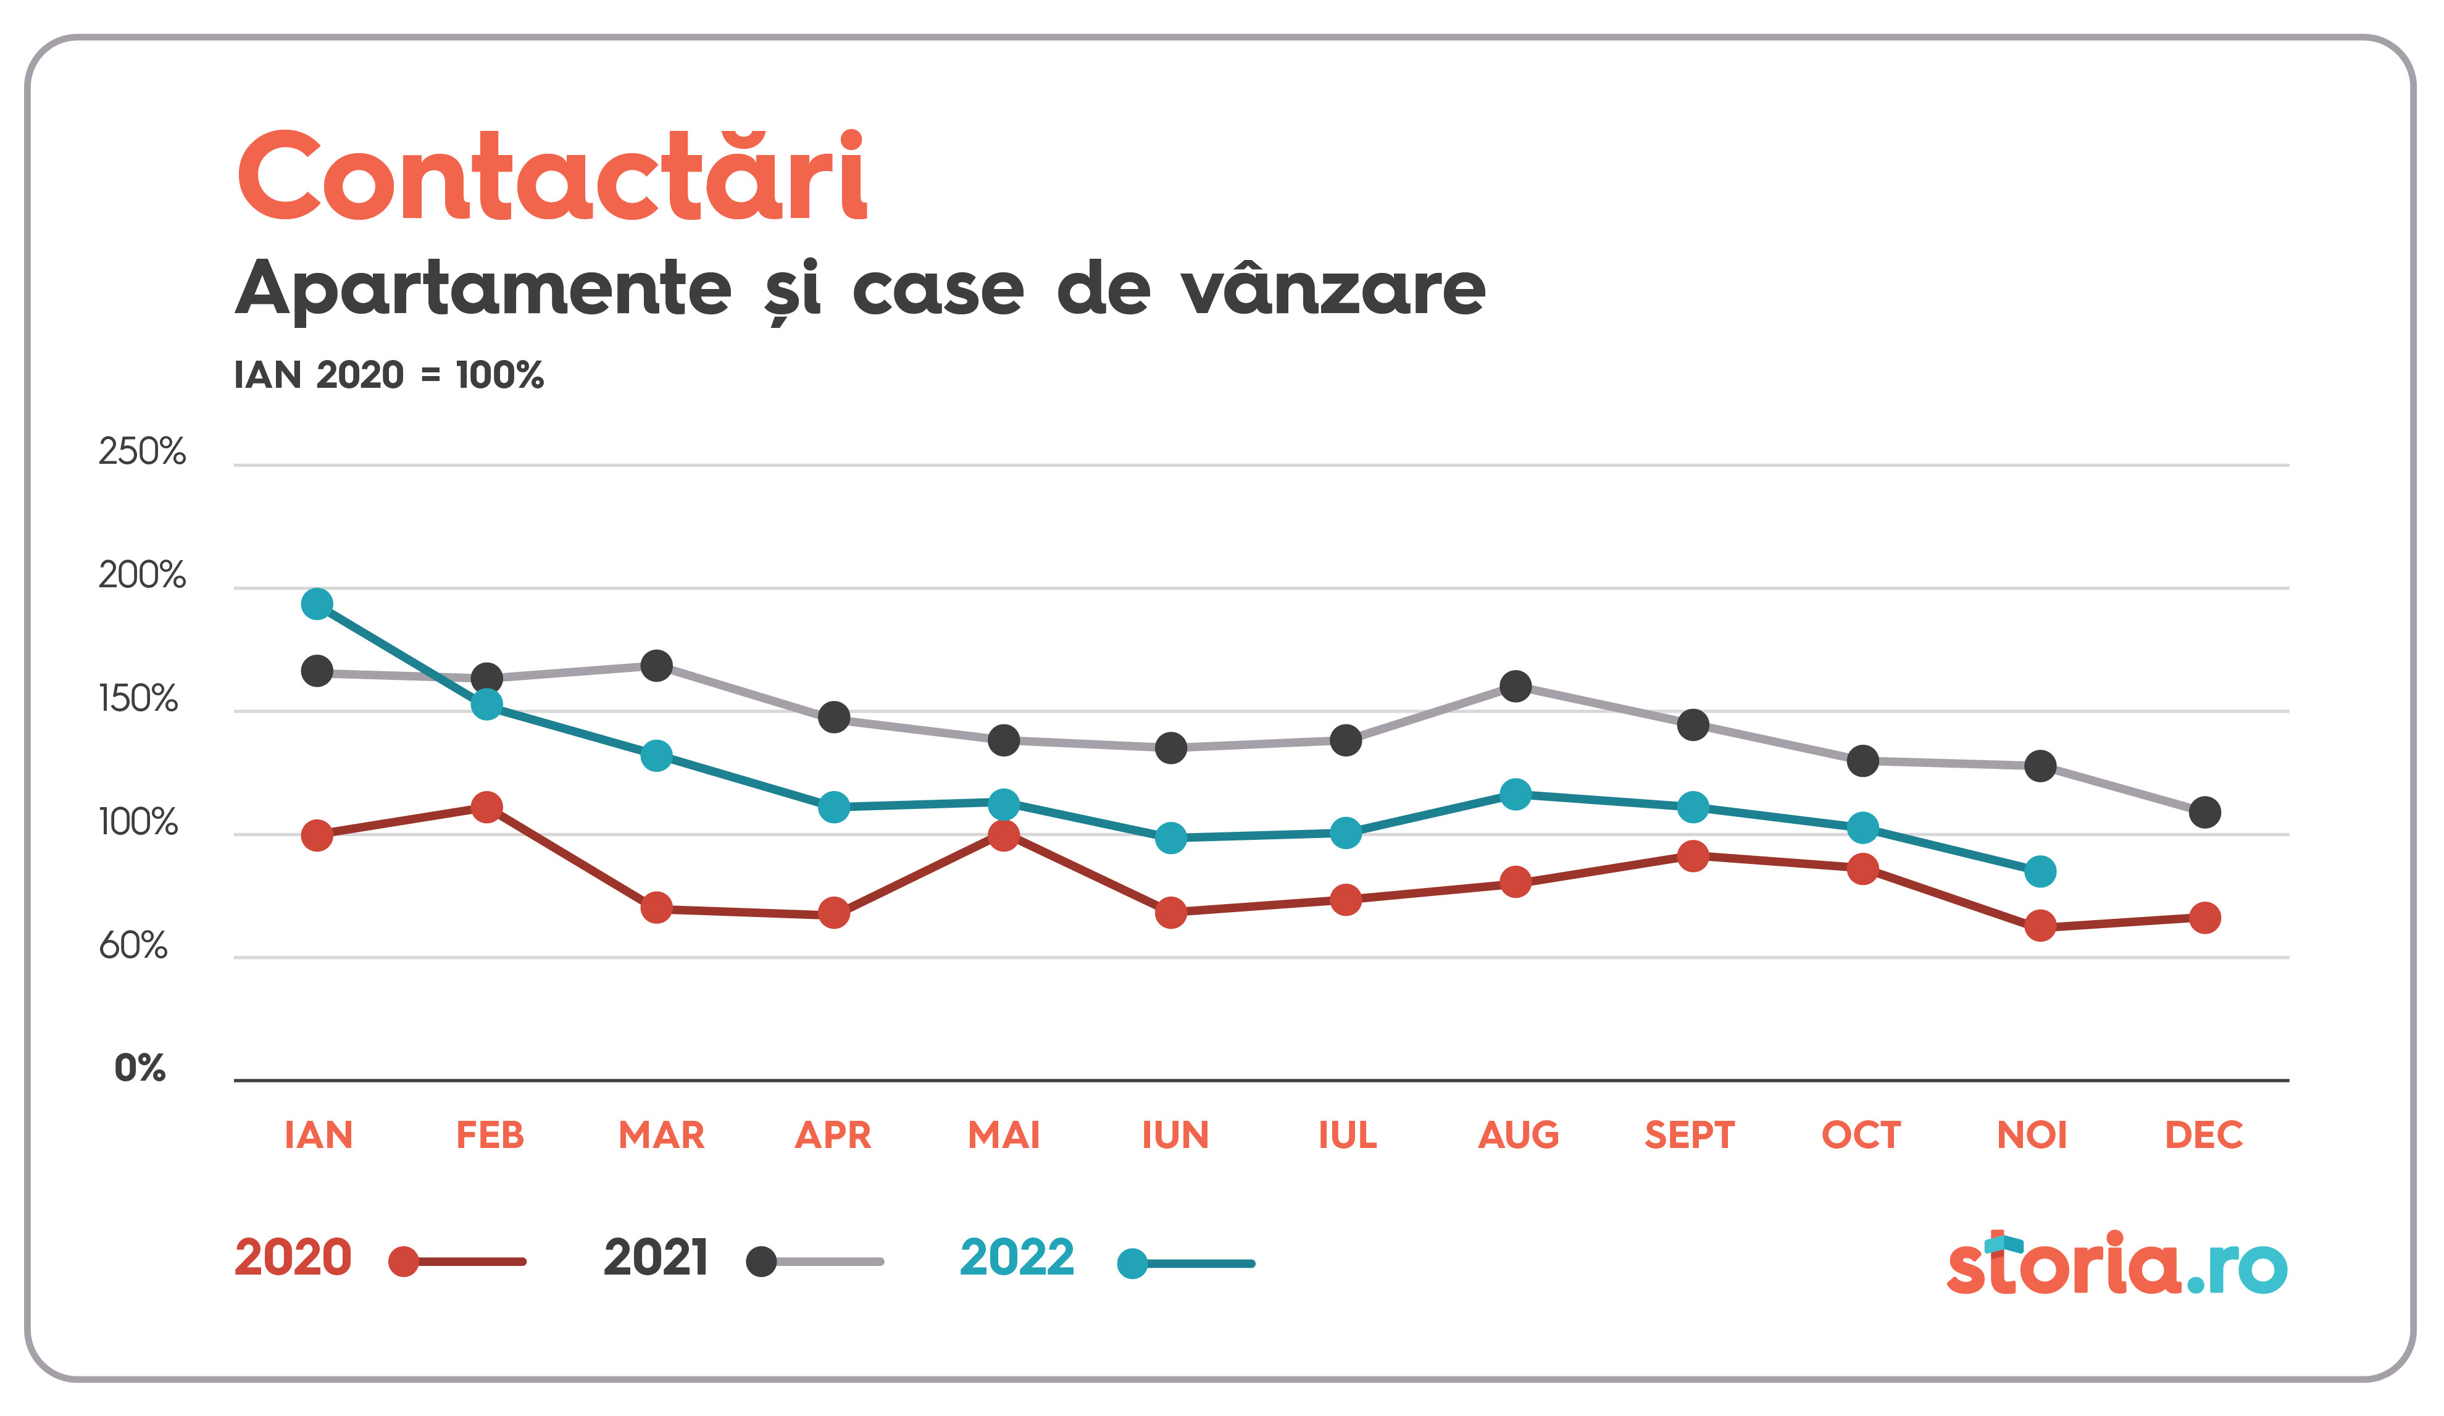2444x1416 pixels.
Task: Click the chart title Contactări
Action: [x=551, y=177]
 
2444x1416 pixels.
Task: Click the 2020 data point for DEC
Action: [x=2204, y=918]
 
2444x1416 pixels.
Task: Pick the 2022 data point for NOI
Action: [x=2040, y=871]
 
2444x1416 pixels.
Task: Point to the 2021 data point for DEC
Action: [x=2204, y=812]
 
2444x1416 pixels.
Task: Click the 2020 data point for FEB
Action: [x=487, y=807]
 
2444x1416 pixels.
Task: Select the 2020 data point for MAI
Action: [x=1004, y=835]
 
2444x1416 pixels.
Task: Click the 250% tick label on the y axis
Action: [x=141, y=452]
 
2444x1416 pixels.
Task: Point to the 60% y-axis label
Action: [x=133, y=945]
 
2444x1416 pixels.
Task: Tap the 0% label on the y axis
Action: [x=140, y=1068]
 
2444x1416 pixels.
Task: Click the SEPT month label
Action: [x=1690, y=1135]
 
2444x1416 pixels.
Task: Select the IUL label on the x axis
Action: [x=1347, y=1135]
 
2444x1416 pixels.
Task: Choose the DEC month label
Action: [x=2203, y=1135]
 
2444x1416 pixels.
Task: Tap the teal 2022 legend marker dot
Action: [x=1132, y=1263]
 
